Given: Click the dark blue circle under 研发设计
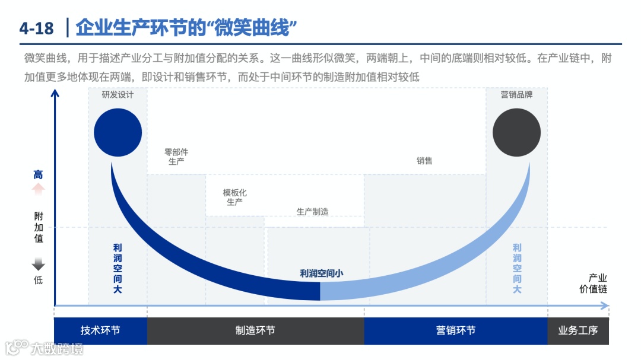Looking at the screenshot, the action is pyautogui.click(x=118, y=133).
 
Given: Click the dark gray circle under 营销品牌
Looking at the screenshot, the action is pyautogui.click(x=516, y=133).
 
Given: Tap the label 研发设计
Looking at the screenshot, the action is pyautogui.click(x=118, y=95).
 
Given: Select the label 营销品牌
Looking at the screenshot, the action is pyautogui.click(x=516, y=95).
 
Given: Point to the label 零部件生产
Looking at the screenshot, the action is pyautogui.click(x=176, y=157).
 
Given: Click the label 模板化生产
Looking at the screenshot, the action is pyautogui.click(x=234, y=197).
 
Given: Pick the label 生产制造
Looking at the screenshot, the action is pyautogui.click(x=313, y=212).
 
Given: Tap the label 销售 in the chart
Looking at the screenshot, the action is pyautogui.click(x=424, y=161).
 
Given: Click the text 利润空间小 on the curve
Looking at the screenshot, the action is pyautogui.click(x=322, y=273).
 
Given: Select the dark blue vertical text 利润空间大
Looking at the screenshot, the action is pyautogui.click(x=118, y=269).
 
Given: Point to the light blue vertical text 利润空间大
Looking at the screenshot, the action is pyautogui.click(x=517, y=269).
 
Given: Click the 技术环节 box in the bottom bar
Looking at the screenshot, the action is pyautogui.click(x=100, y=331).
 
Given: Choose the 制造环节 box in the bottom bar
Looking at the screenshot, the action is pyautogui.click(x=255, y=331).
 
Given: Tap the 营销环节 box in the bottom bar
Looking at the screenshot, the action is pyautogui.click(x=455, y=331).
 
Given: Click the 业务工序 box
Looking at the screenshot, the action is pyautogui.click(x=577, y=331).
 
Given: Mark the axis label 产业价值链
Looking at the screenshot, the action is pyautogui.click(x=594, y=283).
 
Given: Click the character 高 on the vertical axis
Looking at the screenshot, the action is pyautogui.click(x=38, y=175).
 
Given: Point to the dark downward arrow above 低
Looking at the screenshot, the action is pyautogui.click(x=38, y=265).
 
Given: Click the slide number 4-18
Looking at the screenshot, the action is pyautogui.click(x=36, y=28).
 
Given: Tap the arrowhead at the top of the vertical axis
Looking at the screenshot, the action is pyautogui.click(x=55, y=93).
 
